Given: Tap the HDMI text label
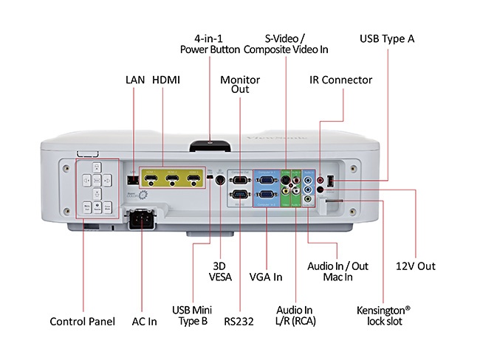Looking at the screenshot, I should coord(167,80).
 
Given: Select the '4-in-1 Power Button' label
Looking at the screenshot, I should coord(210,44).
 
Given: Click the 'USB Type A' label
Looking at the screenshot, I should coord(386,38).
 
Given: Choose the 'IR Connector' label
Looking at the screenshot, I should coord(340,80).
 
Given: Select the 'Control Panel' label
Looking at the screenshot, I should coord(82,321).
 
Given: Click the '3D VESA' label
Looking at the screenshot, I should coord(220,271).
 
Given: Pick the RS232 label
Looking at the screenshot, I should coord(239,321).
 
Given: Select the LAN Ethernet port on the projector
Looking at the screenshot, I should coord(131,179).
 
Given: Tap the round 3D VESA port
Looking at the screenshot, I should coord(219,181).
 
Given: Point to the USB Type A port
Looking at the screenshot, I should coord(330,180).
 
